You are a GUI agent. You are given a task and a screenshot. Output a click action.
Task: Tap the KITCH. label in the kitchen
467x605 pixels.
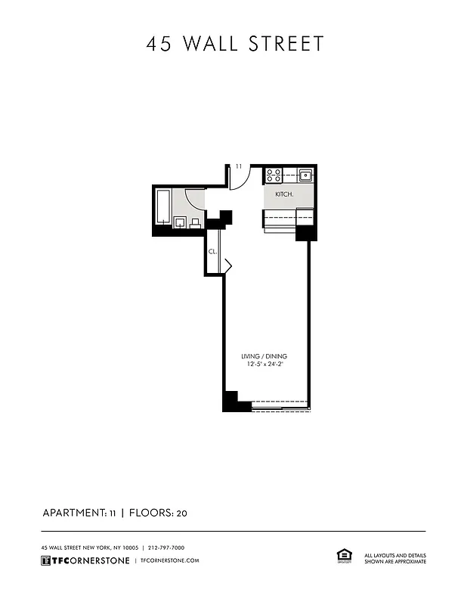click(284, 194)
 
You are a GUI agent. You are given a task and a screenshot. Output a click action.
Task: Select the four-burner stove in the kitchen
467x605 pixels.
click(274, 176)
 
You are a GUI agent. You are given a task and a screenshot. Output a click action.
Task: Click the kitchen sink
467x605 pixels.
click(305, 176)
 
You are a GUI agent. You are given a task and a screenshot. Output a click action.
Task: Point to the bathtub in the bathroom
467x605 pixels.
click(163, 205)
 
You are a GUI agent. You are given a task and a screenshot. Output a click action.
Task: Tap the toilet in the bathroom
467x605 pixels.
click(196, 222)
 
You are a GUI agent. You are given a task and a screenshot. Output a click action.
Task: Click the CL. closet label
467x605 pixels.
click(212, 251)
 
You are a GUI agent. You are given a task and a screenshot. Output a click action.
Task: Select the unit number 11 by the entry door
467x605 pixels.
click(238, 166)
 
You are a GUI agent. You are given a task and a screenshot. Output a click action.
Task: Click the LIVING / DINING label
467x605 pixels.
click(264, 356)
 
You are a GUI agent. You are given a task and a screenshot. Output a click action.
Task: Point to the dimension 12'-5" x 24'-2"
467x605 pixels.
click(264, 365)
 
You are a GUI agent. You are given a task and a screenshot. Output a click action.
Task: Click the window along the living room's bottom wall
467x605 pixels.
click(280, 409)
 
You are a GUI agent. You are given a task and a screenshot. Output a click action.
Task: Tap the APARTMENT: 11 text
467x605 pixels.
click(78, 513)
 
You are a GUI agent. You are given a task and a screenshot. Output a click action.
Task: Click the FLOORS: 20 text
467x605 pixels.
click(158, 513)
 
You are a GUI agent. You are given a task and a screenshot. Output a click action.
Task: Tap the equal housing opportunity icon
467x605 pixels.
click(342, 556)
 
